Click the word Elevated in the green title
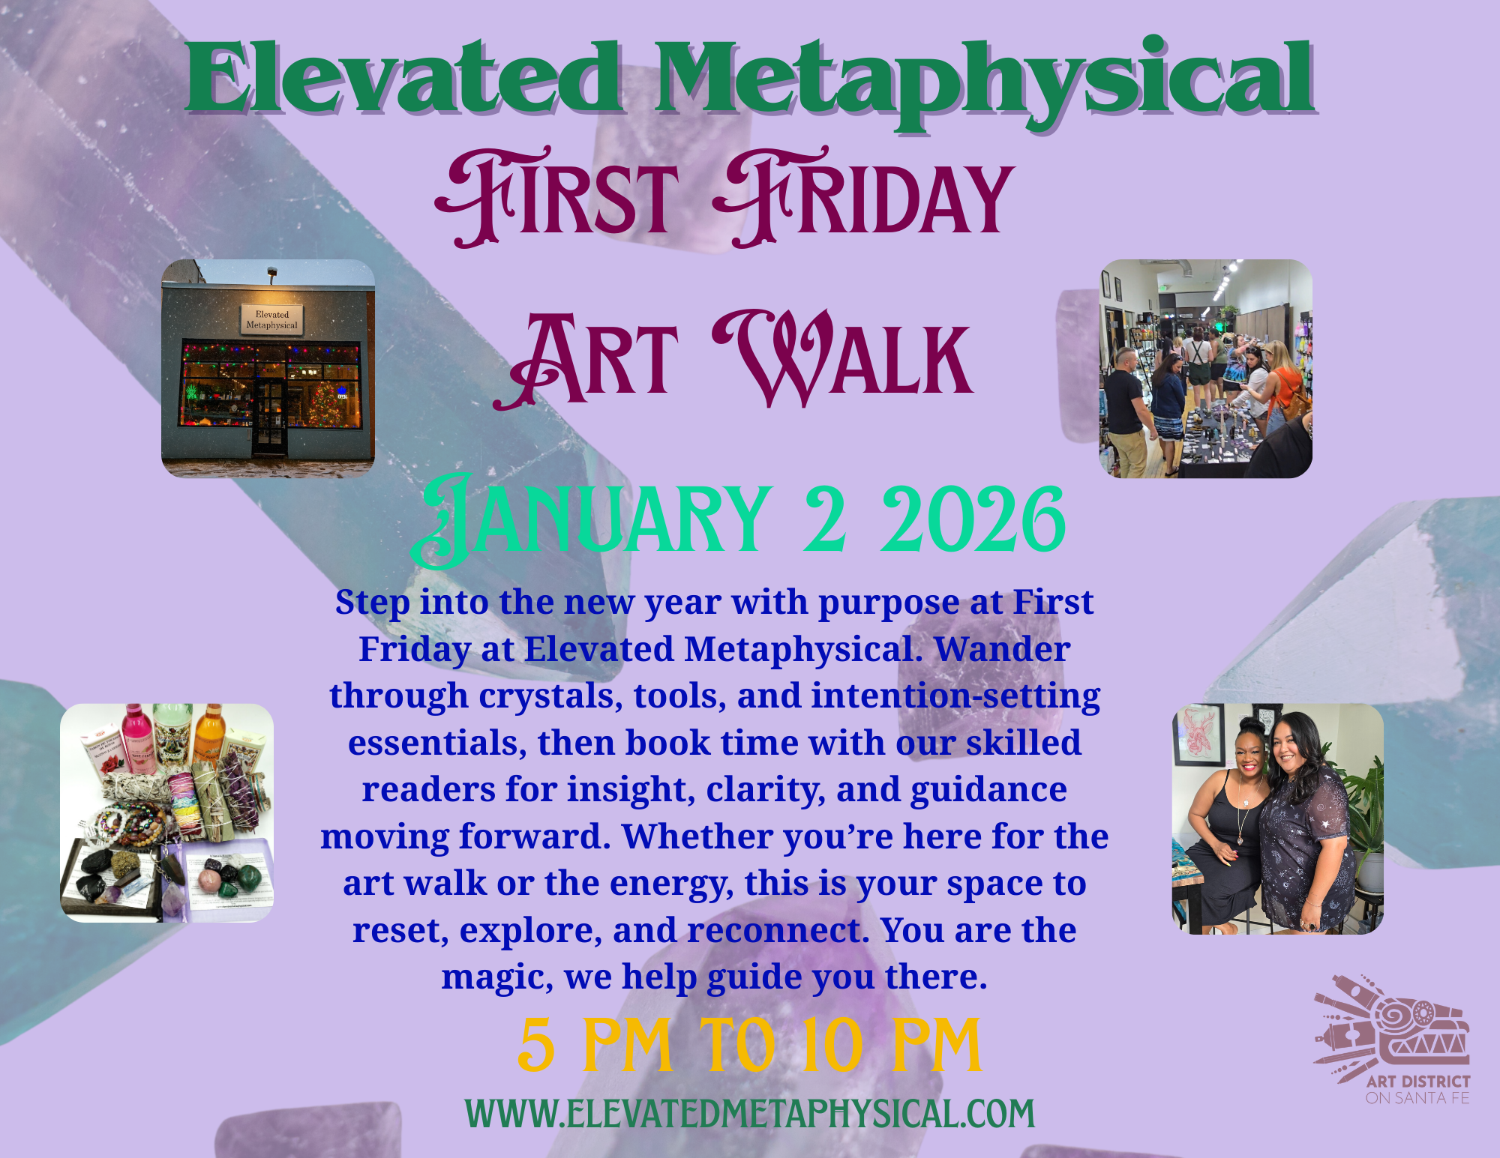(405, 79)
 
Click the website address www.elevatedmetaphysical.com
(749, 1114)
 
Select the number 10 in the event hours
(832, 1046)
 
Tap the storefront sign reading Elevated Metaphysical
(271, 320)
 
